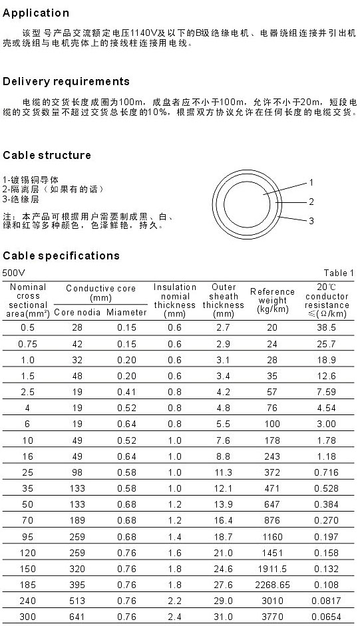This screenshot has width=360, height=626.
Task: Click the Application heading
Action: tap(36, 13)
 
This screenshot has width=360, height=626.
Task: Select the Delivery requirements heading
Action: tap(66, 82)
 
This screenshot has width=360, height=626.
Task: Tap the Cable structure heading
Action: tap(47, 155)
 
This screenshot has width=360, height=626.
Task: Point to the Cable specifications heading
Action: tap(61, 256)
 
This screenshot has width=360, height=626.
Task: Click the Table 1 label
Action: tap(339, 273)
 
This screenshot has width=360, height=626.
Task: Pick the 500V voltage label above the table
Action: tap(13, 273)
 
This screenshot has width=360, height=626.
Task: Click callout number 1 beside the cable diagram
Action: tap(311, 183)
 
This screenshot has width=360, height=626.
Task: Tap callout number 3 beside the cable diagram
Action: tap(311, 221)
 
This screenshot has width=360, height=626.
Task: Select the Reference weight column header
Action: tap(272, 300)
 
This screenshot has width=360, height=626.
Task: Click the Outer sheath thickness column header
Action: tap(224, 300)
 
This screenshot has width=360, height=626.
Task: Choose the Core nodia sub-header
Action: tap(77, 312)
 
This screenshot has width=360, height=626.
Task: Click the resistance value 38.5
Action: tap(327, 328)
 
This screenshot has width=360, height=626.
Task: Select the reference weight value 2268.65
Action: tap(273, 585)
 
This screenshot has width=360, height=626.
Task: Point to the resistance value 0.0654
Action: tap(327, 617)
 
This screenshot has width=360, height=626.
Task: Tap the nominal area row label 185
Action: tap(27, 585)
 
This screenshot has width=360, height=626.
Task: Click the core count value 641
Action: tap(77, 617)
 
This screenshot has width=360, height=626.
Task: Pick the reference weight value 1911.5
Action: tap(273, 569)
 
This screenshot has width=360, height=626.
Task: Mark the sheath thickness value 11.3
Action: tap(224, 473)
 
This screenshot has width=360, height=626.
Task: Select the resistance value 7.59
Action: tap(327, 392)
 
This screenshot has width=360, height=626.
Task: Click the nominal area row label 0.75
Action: tap(27, 344)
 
